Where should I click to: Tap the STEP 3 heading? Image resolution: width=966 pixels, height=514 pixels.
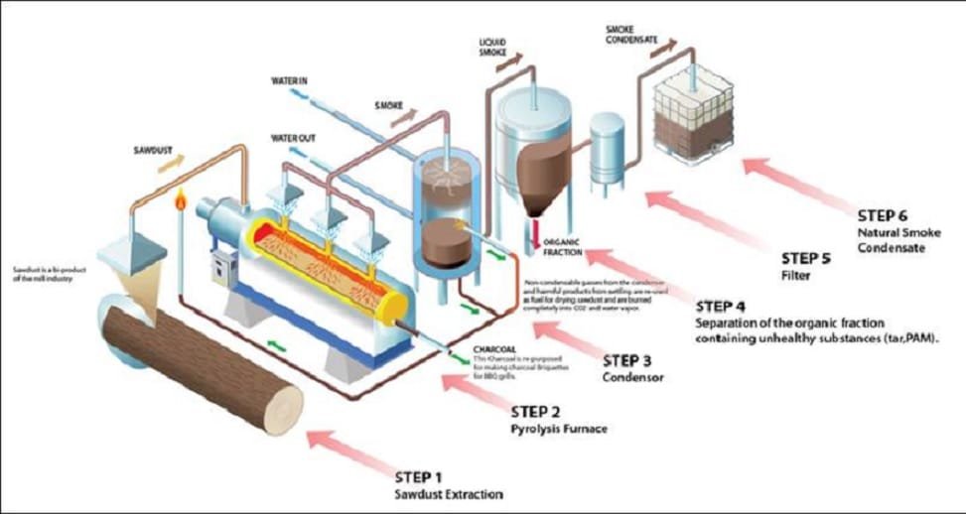tap(628, 360)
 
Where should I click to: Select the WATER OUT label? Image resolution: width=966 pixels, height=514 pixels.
tap(293, 138)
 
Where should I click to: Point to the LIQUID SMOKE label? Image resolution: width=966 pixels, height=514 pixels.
tap(493, 46)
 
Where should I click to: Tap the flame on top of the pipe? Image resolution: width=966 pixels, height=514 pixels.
tap(181, 200)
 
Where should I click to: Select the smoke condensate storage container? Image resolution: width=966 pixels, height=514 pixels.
tap(694, 119)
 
